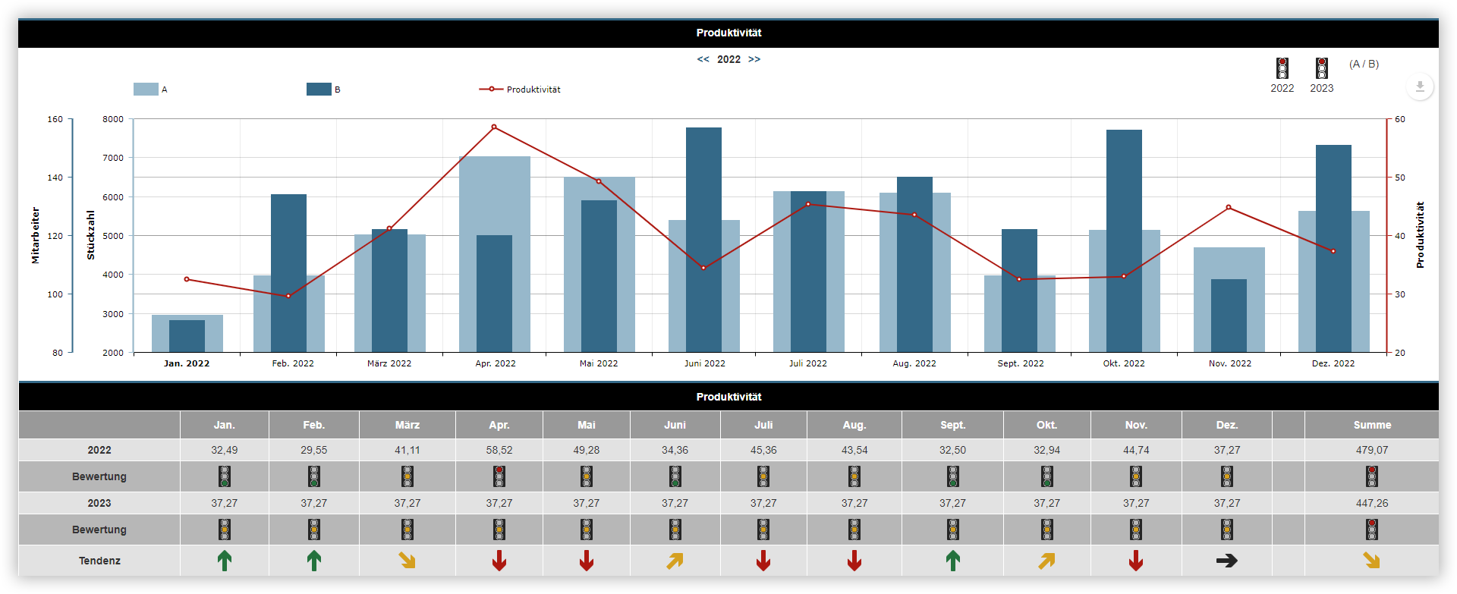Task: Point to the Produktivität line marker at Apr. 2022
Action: [x=494, y=127]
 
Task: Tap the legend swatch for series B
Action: [x=319, y=90]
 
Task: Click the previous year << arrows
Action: [x=703, y=59]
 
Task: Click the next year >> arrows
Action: [x=754, y=59]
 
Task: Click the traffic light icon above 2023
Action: [x=1321, y=68]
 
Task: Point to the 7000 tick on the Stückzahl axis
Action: [x=113, y=158]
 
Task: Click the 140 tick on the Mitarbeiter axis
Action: [x=55, y=178]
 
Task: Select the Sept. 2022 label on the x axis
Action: [x=1020, y=363]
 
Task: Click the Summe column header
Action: [x=1371, y=425]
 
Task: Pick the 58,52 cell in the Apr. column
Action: [x=499, y=450]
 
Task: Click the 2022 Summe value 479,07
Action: [x=1371, y=450]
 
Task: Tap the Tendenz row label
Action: [x=99, y=561]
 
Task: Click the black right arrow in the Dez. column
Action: [x=1226, y=561]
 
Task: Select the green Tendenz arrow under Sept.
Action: [x=952, y=561]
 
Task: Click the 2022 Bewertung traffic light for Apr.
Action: [x=499, y=476]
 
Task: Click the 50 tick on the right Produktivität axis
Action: [x=1399, y=178]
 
